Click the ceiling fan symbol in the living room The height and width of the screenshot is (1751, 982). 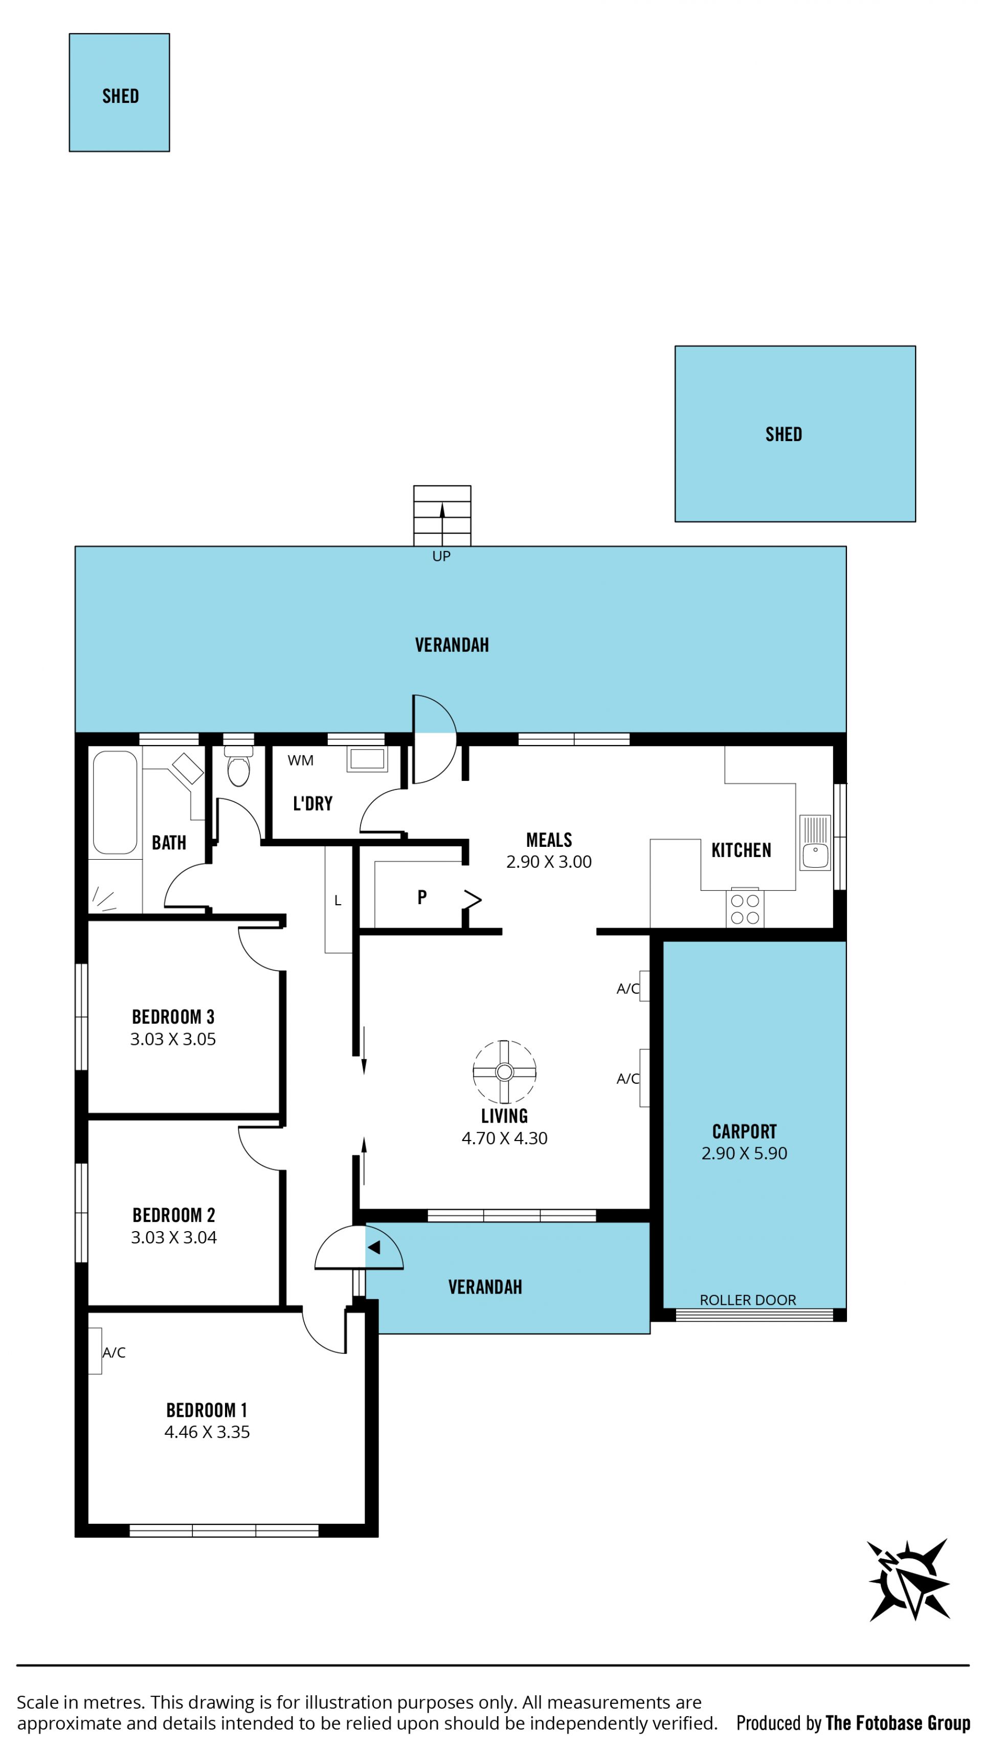[504, 1071]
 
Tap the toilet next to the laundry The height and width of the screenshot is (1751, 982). [238, 766]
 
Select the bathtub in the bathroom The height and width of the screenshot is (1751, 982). [115, 802]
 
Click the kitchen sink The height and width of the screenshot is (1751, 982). [815, 842]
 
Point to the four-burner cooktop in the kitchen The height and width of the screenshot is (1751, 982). [745, 908]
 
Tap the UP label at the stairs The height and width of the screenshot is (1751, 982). [441, 556]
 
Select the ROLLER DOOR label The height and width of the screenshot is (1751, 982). [748, 1300]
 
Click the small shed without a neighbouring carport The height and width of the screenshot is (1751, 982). [119, 93]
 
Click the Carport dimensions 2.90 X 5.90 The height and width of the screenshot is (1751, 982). [744, 1153]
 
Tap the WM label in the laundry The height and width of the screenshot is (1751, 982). [300, 760]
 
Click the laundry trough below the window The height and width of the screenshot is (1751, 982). [367, 759]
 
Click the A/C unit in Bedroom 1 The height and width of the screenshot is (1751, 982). [95, 1351]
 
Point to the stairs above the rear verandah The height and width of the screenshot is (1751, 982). [442, 515]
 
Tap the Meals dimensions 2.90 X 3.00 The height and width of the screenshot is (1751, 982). [548, 861]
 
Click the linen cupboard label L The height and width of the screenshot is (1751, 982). [338, 901]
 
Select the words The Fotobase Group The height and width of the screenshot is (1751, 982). [898, 1722]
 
